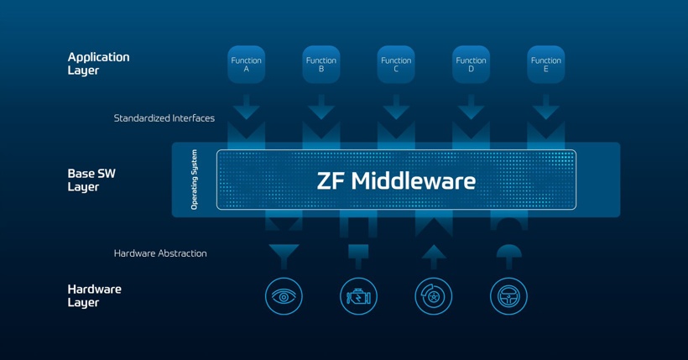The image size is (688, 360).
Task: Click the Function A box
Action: coord(246,65)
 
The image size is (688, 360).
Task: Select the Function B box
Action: coord(321,65)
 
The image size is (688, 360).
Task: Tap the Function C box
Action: coord(396,65)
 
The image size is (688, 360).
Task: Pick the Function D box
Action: coord(471,65)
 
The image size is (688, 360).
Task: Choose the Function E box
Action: coord(545,65)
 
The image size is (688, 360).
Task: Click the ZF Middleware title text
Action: coord(396,180)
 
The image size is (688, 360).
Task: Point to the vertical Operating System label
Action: coord(195,180)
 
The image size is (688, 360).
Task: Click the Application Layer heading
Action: coord(98,64)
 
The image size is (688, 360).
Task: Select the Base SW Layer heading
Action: coord(91,180)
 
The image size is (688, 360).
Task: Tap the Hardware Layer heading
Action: coord(94,295)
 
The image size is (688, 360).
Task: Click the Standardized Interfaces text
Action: coord(164,118)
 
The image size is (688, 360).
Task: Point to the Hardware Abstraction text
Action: coord(160,253)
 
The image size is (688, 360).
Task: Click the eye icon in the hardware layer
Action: coord(284,296)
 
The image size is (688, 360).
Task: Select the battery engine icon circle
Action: coord(358,296)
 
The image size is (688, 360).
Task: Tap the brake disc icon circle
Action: coord(434,296)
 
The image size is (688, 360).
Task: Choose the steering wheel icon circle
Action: coord(508,296)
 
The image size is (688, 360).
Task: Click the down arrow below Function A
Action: coord(246,107)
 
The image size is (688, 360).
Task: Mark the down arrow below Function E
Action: coord(545,107)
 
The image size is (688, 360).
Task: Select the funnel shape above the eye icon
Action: coord(284,255)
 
